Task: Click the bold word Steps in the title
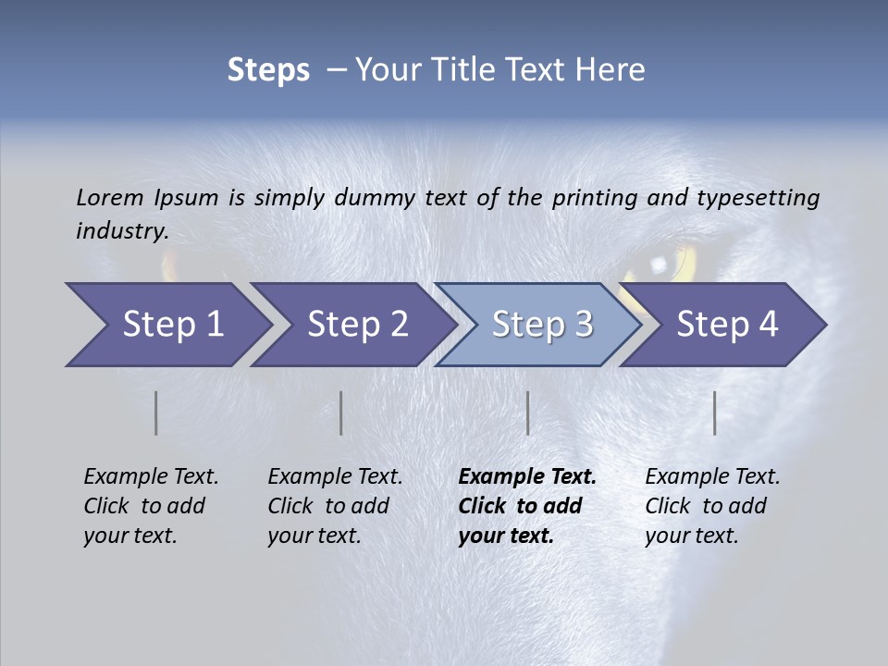click(x=268, y=70)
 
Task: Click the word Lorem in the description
click(x=110, y=198)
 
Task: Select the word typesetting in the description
click(x=758, y=198)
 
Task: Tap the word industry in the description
click(x=121, y=231)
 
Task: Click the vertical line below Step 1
click(x=156, y=413)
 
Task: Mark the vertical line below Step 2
click(x=341, y=413)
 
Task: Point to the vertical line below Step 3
click(x=527, y=413)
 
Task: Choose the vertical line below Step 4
click(x=714, y=413)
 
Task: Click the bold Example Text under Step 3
click(x=527, y=477)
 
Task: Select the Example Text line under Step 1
click(x=151, y=477)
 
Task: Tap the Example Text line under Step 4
click(x=712, y=477)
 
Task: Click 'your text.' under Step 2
click(x=314, y=536)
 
